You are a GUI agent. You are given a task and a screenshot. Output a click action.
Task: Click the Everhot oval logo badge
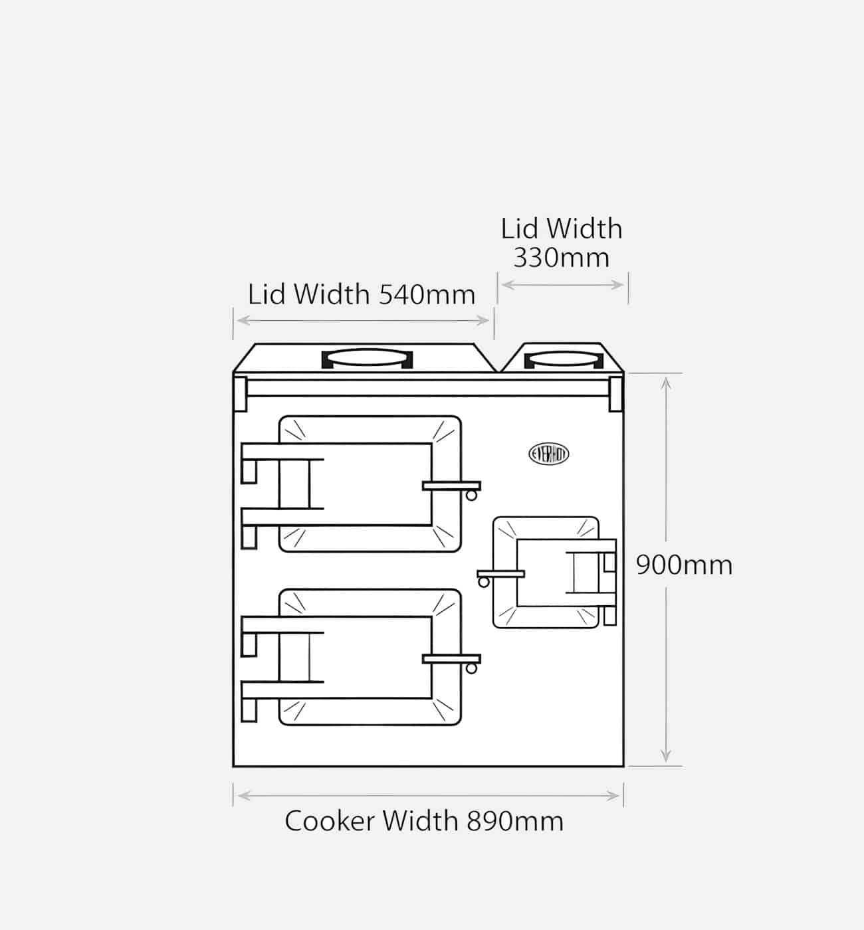pyautogui.click(x=549, y=454)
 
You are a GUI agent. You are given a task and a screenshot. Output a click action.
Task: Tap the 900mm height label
pyautogui.click(x=684, y=565)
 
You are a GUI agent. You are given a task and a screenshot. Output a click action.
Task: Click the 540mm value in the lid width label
pyautogui.click(x=427, y=294)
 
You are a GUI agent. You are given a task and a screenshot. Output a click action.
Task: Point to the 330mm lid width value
pyautogui.click(x=562, y=258)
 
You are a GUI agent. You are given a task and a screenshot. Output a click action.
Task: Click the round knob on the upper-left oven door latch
pyautogui.click(x=471, y=495)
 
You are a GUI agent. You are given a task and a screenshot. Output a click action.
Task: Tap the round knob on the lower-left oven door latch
pyautogui.click(x=471, y=668)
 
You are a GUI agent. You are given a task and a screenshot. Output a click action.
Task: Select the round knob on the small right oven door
pyautogui.click(x=484, y=582)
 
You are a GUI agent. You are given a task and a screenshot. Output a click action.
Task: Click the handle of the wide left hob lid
pyautogui.click(x=367, y=359)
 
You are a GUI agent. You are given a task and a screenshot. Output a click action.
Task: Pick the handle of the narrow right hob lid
pyautogui.click(x=564, y=360)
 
